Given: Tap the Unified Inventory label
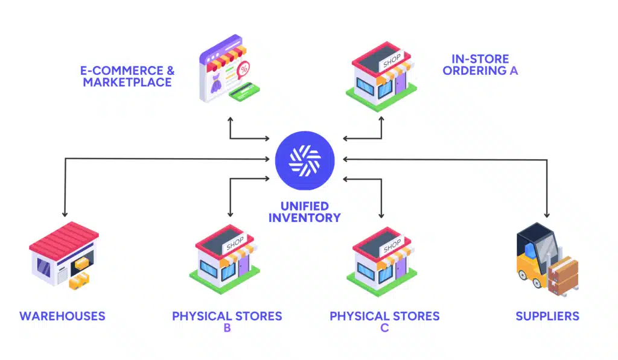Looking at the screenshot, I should coord(304,212).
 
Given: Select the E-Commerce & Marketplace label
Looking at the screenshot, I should coord(127,77).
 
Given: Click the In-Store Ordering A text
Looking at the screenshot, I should coord(480,65).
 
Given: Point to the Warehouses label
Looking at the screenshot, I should coord(62,316).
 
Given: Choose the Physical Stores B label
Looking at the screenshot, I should coord(227,321).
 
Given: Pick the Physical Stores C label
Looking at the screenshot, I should coord(384,321).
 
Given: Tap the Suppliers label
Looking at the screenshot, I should coord(547,316).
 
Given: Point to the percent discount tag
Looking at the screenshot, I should coord(244,69).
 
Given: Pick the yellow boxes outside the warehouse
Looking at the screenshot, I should coord(79,280).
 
